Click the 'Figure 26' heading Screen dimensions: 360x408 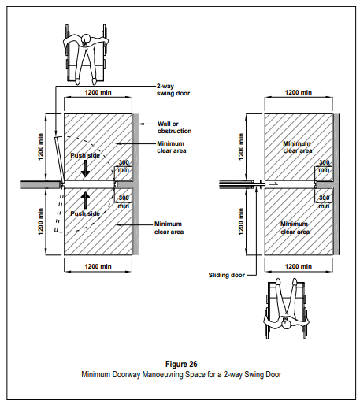[x=181, y=364]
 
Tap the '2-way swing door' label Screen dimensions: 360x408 [x=173, y=90]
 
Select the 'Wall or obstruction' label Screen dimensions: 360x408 [x=175, y=128]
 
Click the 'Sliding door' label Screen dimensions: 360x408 [x=227, y=275]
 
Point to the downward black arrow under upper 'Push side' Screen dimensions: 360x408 [x=85, y=169]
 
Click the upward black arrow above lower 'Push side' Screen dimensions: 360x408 [x=85, y=200]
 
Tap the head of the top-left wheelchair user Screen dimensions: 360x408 [x=86, y=39]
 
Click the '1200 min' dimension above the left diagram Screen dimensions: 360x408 [x=98, y=92]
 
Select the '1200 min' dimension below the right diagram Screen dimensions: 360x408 [x=299, y=266]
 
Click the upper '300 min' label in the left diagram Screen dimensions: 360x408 [x=124, y=166]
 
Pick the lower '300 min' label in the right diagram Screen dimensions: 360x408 [x=324, y=202]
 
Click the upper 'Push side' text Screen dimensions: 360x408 [x=85, y=155]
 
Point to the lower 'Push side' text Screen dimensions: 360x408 [x=85, y=213]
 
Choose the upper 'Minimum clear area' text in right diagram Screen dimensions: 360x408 [x=298, y=147]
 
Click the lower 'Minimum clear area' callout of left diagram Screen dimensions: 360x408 [x=169, y=228]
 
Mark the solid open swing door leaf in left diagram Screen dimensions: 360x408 [x=60, y=160]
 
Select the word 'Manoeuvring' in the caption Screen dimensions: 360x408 [x=163, y=374]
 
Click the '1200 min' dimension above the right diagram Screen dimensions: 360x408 [x=299, y=92]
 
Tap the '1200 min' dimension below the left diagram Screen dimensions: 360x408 [x=98, y=266]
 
